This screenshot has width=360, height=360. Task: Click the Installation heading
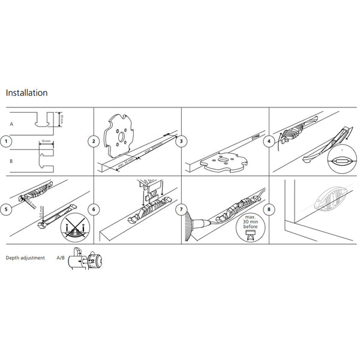[26, 93]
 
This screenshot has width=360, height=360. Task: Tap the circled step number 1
[5, 142]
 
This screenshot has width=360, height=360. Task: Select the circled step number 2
[94, 142]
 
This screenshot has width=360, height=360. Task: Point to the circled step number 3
[181, 142]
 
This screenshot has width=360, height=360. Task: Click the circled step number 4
[269, 142]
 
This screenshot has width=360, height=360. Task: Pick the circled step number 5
[5, 209]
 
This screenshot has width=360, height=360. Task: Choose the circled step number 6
[94, 209]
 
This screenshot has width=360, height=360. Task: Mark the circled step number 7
[181, 209]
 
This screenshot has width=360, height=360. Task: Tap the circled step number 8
[269, 209]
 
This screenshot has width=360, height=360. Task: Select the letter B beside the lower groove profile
[11, 161]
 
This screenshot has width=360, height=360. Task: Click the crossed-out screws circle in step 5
[75, 227]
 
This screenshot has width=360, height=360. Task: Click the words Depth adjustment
[25, 258]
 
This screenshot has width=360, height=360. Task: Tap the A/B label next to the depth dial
[61, 258]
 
